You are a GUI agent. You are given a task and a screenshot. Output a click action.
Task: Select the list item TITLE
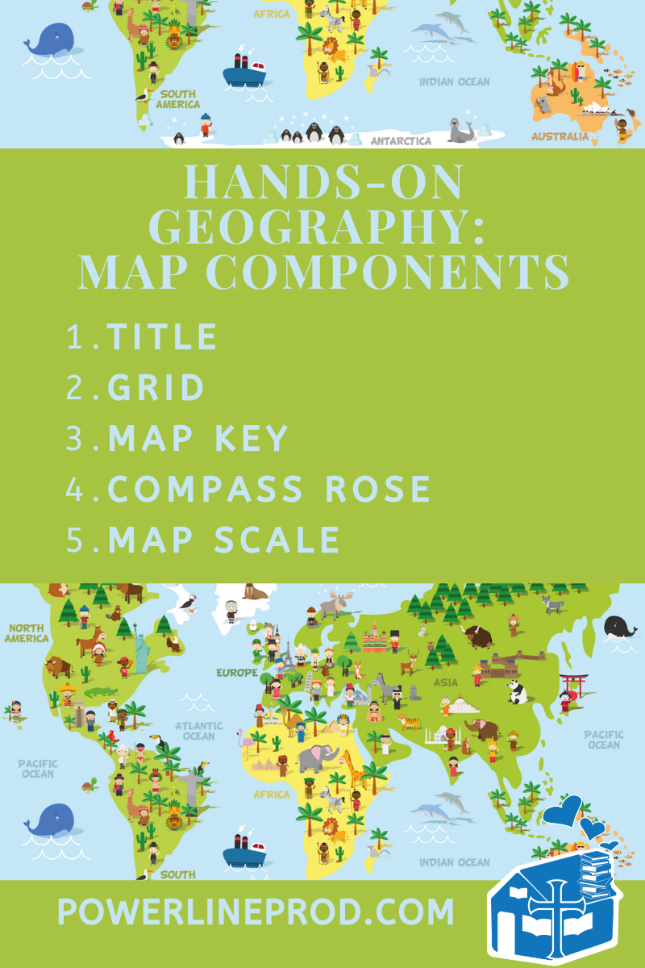point(162,336)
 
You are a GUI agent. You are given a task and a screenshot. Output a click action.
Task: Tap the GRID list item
point(156,388)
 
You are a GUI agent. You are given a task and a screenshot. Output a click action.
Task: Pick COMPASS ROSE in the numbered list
point(269,489)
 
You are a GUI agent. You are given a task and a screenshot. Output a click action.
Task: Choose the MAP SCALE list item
point(224,540)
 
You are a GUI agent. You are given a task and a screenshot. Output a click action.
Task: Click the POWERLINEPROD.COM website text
point(256,912)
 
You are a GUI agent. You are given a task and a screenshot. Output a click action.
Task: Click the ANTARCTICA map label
point(401,140)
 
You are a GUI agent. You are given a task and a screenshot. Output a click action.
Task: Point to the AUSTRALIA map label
point(560,136)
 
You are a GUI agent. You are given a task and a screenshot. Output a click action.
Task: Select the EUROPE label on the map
point(236,672)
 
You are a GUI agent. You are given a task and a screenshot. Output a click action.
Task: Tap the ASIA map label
point(446,682)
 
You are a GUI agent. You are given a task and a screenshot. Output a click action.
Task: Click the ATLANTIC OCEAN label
point(198,731)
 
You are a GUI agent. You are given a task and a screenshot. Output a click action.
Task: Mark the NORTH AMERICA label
point(27,632)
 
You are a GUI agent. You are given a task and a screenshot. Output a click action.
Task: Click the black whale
point(620,627)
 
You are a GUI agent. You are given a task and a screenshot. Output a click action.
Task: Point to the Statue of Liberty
point(142,652)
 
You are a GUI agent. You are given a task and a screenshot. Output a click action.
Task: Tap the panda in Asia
point(517,691)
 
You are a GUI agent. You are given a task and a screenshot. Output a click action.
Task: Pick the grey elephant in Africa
point(316,758)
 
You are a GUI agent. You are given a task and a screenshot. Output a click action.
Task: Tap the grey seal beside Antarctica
point(461,130)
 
